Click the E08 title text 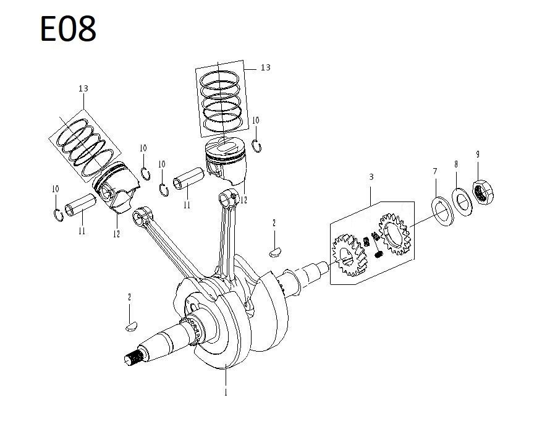click(x=68, y=29)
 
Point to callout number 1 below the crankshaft click(x=226, y=392)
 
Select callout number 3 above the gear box click(x=371, y=177)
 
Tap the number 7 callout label click(x=435, y=171)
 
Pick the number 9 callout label click(x=477, y=154)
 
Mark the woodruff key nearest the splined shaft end click(x=129, y=326)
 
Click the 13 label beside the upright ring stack click(x=265, y=67)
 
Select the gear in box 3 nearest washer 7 click(x=393, y=235)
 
